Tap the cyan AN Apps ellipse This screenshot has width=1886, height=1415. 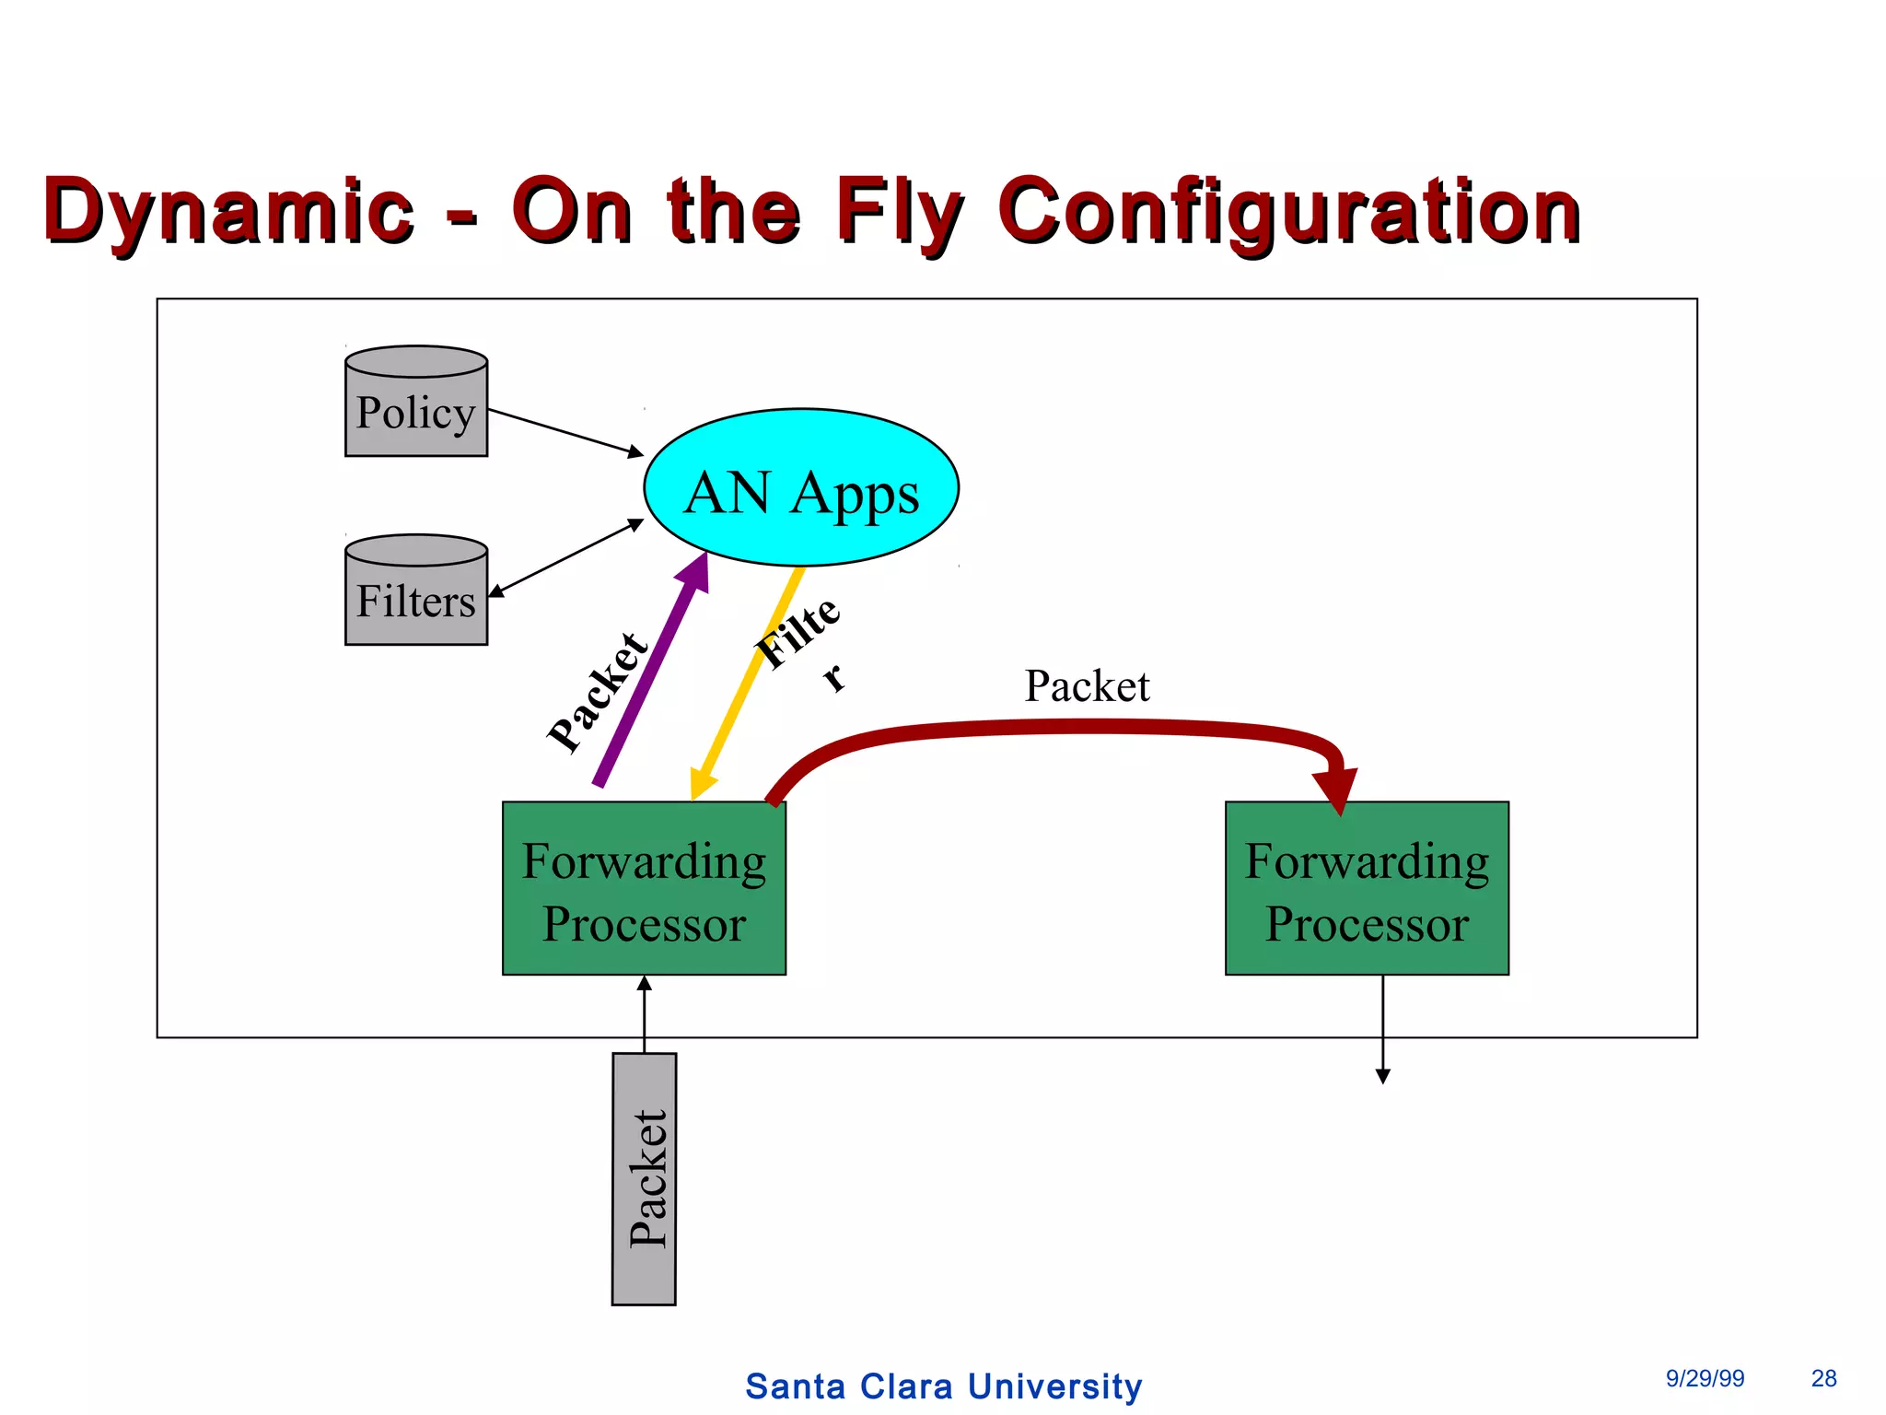[801, 488]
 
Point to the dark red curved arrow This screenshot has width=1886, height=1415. [1059, 728]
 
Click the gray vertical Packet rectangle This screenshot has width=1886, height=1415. [644, 1179]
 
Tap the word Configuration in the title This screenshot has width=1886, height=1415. [1289, 212]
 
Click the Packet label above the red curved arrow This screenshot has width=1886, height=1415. [1087, 686]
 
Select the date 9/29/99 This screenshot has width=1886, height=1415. [1705, 1378]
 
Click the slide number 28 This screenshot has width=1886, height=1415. [1823, 1378]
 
